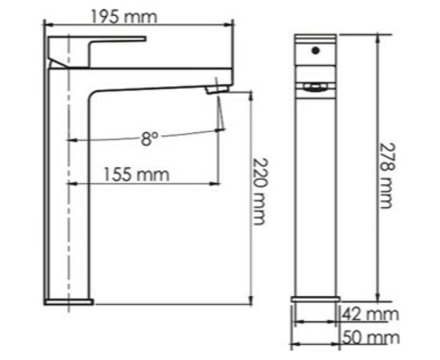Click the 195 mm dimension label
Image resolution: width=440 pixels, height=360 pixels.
[x=134, y=16]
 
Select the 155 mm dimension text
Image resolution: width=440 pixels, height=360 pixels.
[x=136, y=174]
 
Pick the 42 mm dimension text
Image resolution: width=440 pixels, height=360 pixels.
[x=370, y=313]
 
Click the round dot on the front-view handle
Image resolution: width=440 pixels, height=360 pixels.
[x=314, y=52]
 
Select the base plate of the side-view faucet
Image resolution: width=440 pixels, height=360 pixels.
[x=69, y=302]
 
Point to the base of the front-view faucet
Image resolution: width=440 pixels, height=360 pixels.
[x=315, y=300]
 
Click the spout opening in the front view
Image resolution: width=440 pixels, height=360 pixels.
[x=315, y=86]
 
